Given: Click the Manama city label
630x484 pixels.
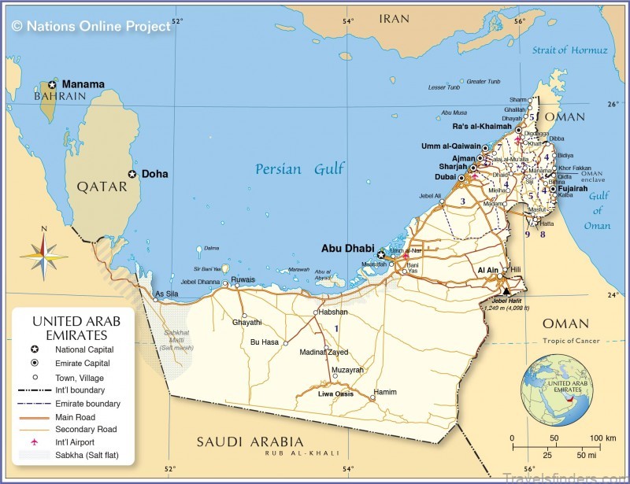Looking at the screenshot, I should [x=83, y=83].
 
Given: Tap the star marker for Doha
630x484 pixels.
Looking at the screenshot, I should [x=132, y=174].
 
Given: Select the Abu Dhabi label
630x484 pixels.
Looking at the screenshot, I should [x=347, y=248].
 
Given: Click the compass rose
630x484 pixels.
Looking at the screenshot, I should [x=44, y=252].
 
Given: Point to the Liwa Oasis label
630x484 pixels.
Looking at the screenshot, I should [x=335, y=393].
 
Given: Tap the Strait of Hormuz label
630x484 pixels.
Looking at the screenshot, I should [x=569, y=50].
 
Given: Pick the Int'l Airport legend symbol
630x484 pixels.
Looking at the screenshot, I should [x=35, y=443].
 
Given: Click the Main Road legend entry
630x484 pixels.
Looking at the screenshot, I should [x=77, y=416].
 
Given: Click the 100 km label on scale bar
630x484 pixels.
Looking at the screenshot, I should [x=602, y=438].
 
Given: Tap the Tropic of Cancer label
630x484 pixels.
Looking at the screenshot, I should [x=570, y=342].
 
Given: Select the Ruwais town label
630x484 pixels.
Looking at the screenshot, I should [x=243, y=279].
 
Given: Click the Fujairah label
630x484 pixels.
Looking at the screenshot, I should [x=575, y=188].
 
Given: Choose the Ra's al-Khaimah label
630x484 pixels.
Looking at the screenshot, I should [x=482, y=126].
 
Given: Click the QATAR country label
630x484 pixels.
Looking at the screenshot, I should [x=102, y=187].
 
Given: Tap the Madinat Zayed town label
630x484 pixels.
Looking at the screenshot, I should [x=324, y=352].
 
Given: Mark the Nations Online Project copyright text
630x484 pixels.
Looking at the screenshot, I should [x=91, y=26].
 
